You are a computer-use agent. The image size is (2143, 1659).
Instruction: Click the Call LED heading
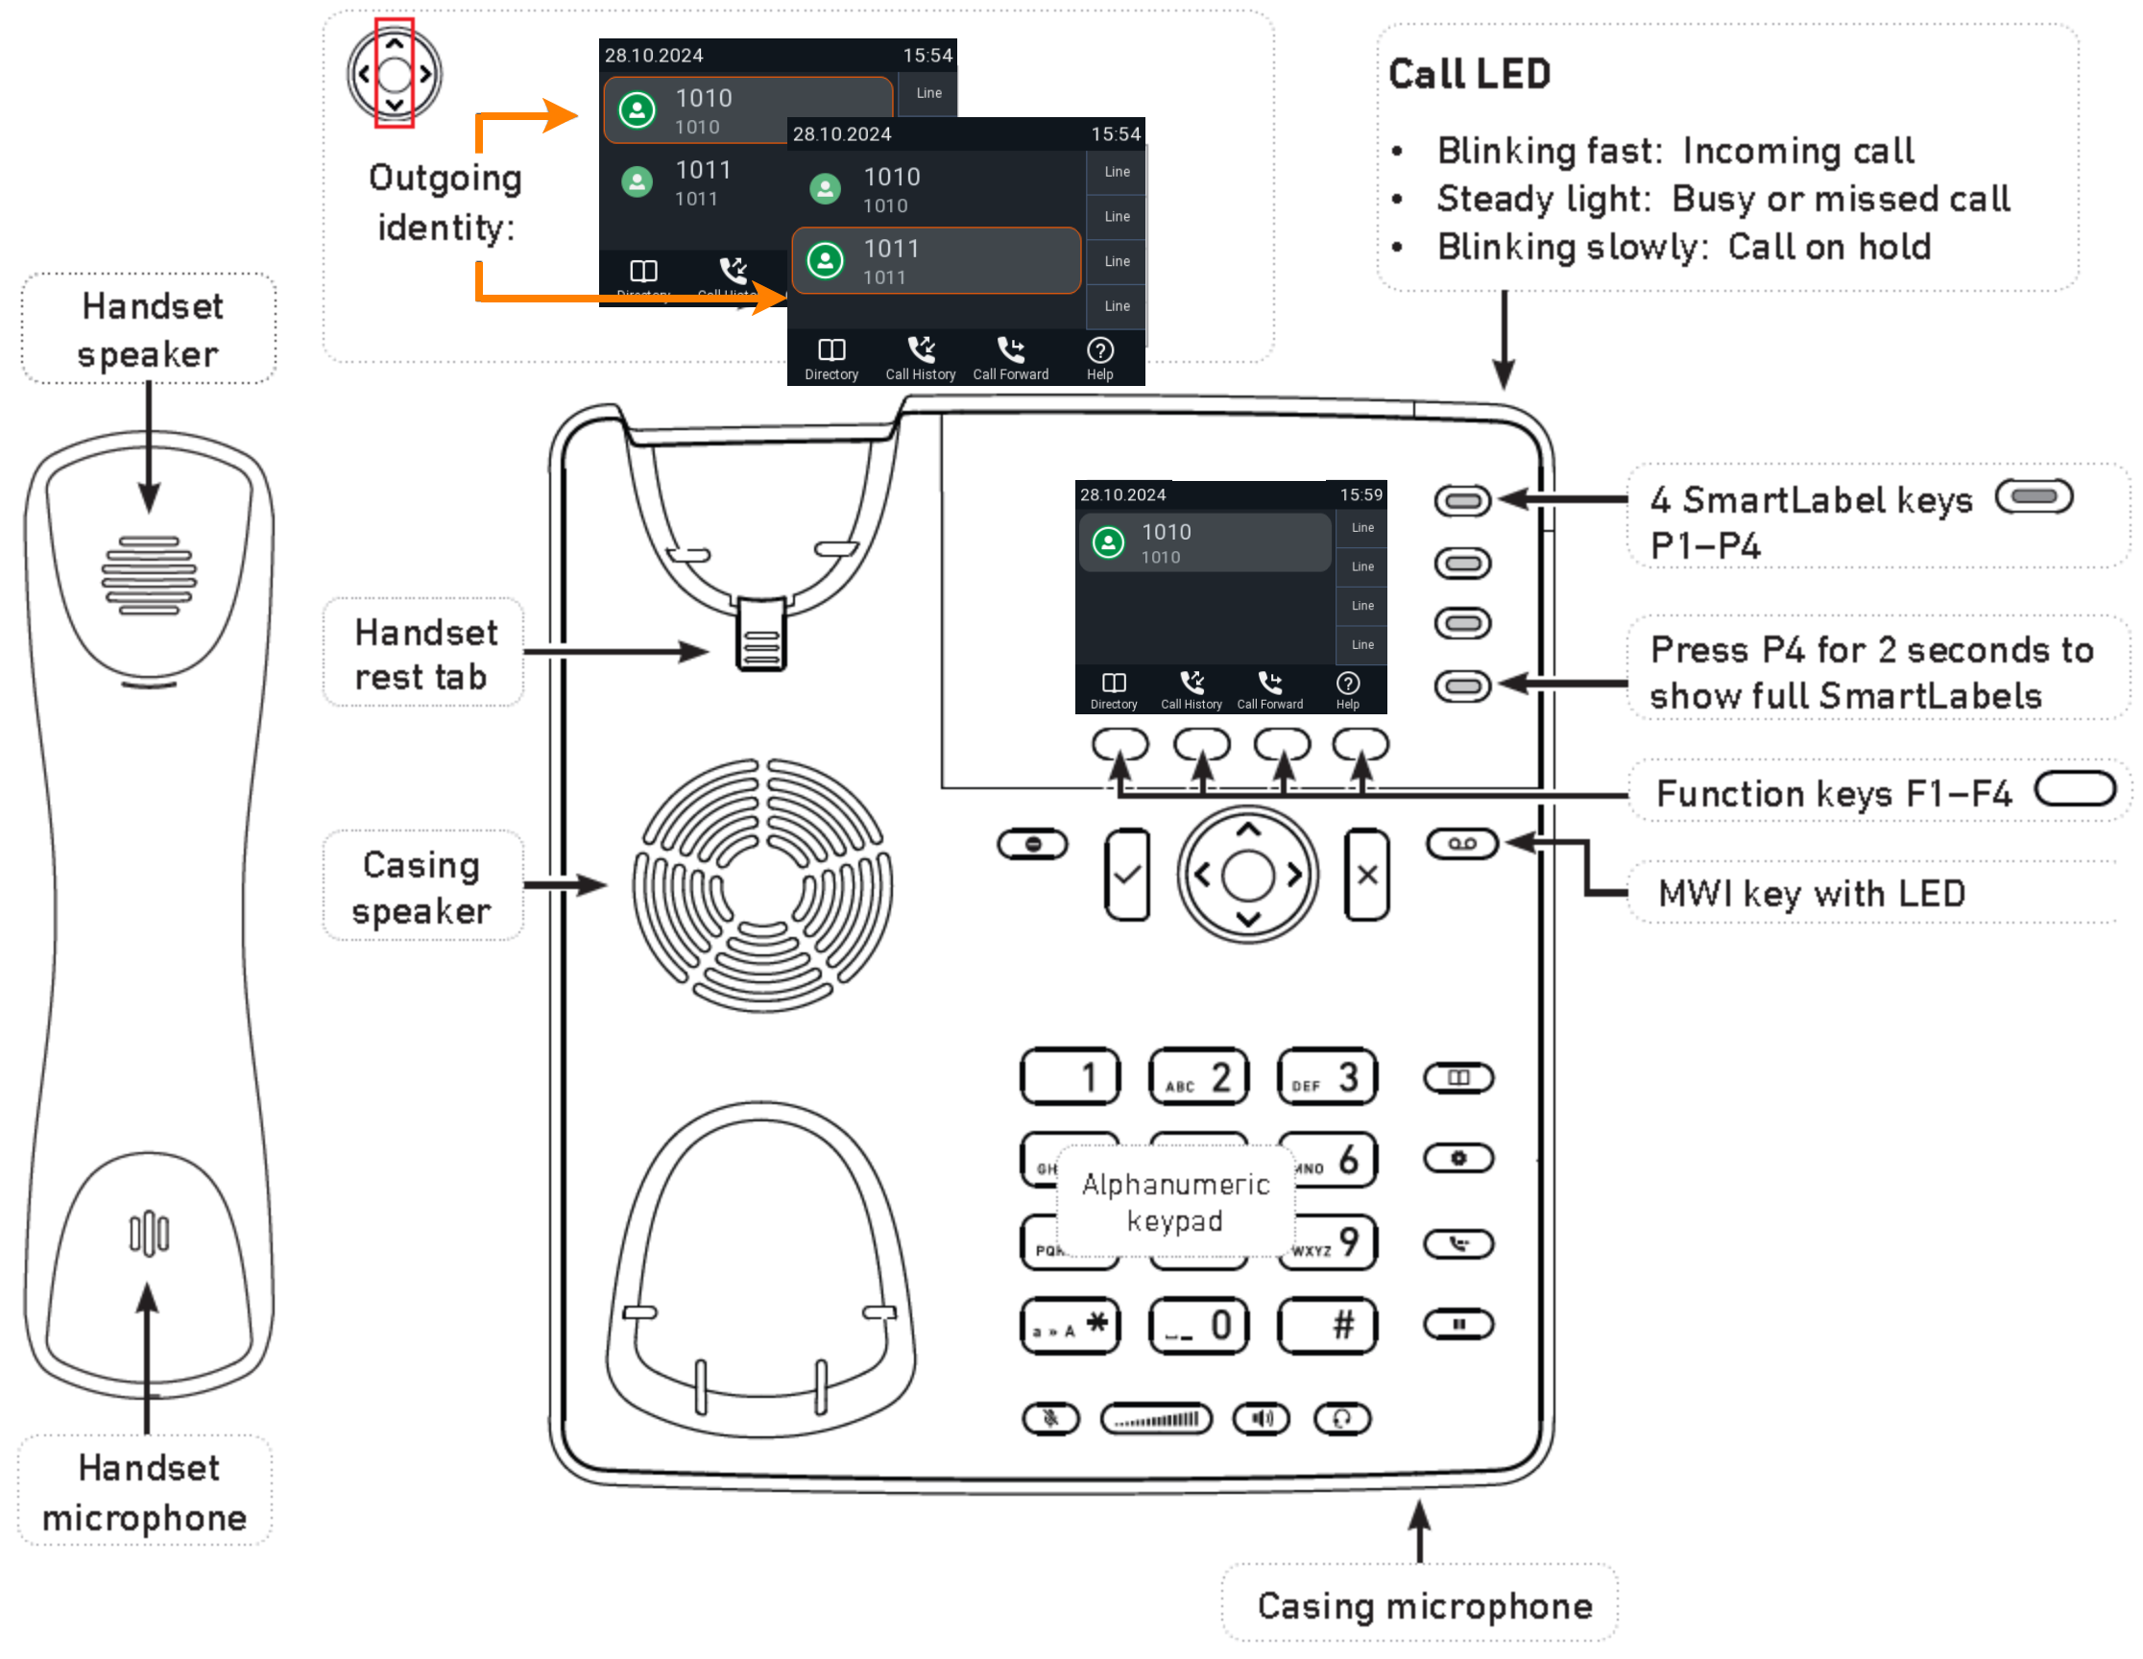[x=1469, y=75]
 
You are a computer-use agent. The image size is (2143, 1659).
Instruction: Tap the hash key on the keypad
[x=1327, y=1327]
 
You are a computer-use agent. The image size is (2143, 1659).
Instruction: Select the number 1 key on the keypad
[x=1070, y=1077]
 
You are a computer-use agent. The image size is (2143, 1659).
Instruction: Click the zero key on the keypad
[x=1198, y=1327]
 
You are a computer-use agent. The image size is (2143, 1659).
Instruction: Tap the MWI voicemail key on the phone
[x=1462, y=845]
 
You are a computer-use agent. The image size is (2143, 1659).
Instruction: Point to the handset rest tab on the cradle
[x=761, y=636]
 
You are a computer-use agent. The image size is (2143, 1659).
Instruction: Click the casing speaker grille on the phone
[x=762, y=885]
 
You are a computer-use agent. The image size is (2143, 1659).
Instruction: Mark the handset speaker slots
[x=149, y=576]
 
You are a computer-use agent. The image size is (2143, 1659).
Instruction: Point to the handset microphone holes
[x=149, y=1235]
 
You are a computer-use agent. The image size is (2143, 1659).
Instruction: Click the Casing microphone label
[x=1425, y=1606]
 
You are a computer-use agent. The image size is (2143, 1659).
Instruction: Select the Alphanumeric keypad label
[x=1175, y=1203]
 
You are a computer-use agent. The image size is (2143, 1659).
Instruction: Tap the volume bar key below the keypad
[x=1156, y=1419]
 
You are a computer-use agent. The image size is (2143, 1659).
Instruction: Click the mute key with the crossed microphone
[x=1050, y=1419]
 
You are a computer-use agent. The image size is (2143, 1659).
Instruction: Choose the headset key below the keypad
[x=1341, y=1419]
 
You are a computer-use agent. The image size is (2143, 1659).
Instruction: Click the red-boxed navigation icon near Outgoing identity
[x=395, y=74]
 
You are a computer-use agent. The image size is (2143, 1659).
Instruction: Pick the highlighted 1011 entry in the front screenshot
[x=936, y=261]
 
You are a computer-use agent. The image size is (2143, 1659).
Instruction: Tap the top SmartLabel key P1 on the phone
[x=1462, y=501]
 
